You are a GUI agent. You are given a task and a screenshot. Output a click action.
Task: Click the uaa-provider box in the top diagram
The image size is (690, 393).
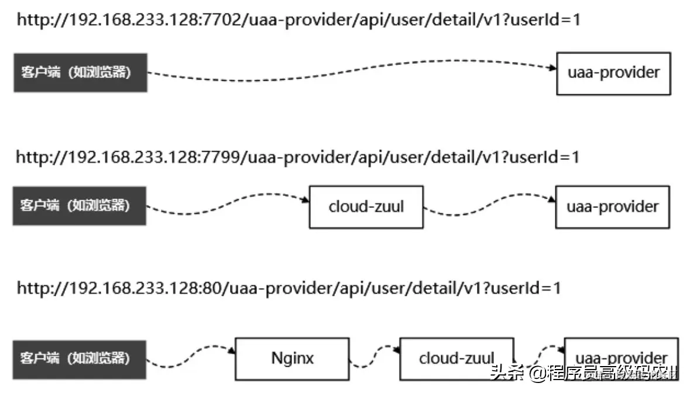coord(613,73)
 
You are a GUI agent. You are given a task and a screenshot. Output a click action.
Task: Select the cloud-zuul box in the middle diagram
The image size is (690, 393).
coord(366,207)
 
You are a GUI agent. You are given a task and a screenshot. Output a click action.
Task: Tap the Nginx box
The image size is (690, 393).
coord(292,358)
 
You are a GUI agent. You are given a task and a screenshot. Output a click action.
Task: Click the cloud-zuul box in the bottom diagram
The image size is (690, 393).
coord(456,358)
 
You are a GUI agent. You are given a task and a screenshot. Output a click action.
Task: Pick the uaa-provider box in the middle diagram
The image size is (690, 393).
coord(612,207)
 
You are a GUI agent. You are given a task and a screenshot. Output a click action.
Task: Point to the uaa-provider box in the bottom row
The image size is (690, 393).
coord(621,358)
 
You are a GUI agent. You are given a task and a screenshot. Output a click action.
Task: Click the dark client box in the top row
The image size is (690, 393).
coord(80,73)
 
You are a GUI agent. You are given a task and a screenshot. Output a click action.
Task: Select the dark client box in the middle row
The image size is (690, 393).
coord(79,206)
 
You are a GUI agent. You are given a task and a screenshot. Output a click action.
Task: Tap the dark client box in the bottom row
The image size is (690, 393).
coord(79,358)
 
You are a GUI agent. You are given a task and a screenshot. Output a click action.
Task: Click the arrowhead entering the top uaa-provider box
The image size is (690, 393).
coord(552,69)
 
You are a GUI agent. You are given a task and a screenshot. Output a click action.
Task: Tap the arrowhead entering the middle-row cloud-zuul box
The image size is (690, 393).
coord(305,201)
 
